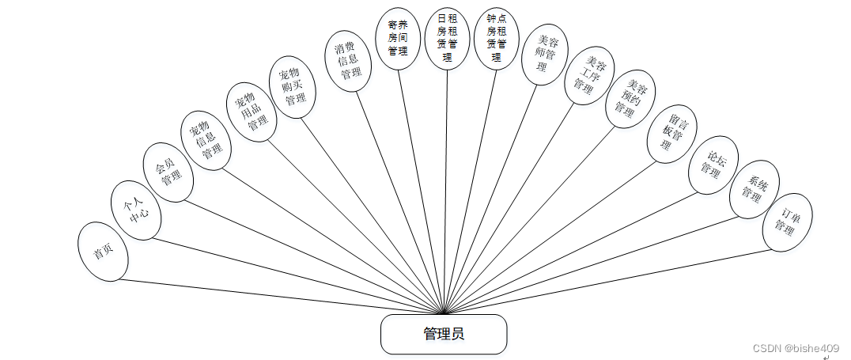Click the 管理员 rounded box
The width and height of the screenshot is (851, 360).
pos(443,334)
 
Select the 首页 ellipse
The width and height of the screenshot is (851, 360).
pos(103,252)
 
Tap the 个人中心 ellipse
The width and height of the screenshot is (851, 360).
pos(135,210)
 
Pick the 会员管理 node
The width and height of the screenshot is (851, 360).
pos(168,172)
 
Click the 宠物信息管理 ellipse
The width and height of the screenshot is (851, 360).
pos(206,140)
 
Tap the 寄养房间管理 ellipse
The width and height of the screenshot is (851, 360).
pos(398,39)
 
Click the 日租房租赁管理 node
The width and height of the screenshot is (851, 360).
pos(448,39)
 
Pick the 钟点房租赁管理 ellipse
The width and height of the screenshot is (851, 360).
pos(496,39)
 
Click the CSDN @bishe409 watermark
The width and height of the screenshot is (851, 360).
pos(796,348)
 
